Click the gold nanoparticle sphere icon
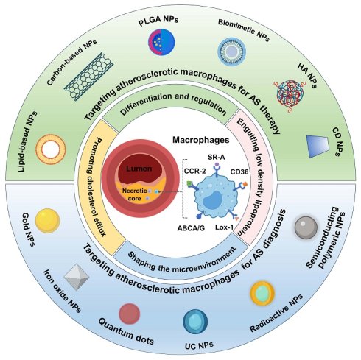[47, 221]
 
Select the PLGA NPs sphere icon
[161, 40]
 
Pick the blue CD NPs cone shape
[318, 146]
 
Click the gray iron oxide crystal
[77, 277]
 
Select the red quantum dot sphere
[130, 314]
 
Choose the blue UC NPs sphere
[195, 322]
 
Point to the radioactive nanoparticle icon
[262, 294]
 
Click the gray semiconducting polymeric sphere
[306, 227]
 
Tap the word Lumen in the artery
[139, 169]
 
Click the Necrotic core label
[134, 194]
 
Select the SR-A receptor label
[216, 157]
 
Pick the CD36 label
[239, 172]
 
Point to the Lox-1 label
[224, 227]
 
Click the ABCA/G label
[191, 228]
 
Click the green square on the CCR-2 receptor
[189, 183]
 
